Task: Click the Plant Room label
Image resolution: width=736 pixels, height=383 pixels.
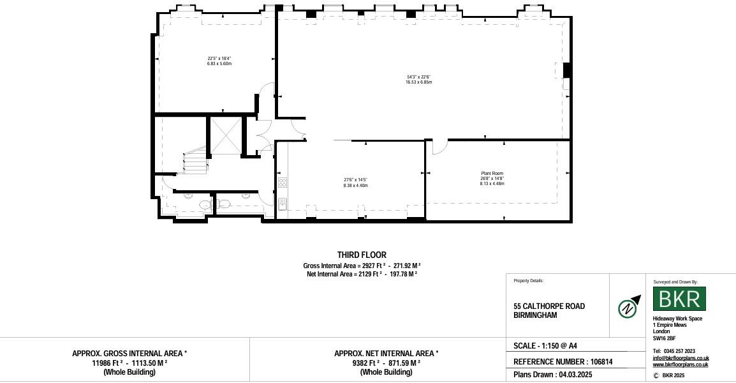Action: tap(492, 174)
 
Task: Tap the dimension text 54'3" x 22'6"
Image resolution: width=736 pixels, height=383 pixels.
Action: tap(418, 77)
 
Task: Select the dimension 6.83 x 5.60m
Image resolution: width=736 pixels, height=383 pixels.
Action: tap(219, 64)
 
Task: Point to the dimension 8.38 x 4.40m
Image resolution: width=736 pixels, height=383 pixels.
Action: tap(355, 185)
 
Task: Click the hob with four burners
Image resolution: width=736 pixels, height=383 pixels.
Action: tap(283, 183)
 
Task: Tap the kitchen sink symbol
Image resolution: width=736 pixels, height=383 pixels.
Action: tap(283, 203)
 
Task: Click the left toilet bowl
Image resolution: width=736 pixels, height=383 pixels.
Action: tap(203, 204)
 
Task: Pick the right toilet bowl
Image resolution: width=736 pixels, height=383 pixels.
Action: tap(224, 204)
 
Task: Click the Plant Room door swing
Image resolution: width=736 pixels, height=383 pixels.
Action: tap(439, 147)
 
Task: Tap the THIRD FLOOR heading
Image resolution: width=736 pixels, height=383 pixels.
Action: tap(362, 255)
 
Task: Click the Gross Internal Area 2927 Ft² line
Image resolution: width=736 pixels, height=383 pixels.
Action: tap(362, 266)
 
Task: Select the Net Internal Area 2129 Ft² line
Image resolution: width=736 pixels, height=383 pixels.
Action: tap(362, 274)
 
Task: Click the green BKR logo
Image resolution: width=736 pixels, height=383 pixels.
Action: tap(679, 299)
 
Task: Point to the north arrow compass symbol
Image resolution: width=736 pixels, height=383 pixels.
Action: tap(629, 307)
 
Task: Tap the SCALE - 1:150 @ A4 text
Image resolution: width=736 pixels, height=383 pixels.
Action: tap(545, 346)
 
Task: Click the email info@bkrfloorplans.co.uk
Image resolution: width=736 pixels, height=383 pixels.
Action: tap(681, 358)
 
